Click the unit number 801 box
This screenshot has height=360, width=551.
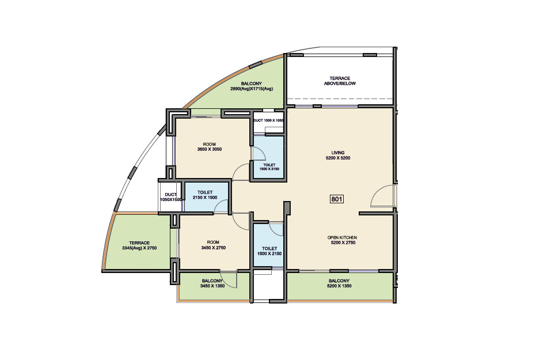coord(337,199)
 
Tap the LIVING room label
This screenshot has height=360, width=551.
coord(338,153)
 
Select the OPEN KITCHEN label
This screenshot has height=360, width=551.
coord(342,238)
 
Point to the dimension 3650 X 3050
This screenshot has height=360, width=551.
coord(210,149)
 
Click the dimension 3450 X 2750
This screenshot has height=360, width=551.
coord(213,248)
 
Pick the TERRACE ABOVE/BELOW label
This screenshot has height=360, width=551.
coord(340,81)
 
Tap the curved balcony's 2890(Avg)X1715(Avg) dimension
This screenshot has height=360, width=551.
coord(252,89)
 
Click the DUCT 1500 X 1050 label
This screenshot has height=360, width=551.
coord(268,120)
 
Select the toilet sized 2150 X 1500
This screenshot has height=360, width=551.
coord(206,197)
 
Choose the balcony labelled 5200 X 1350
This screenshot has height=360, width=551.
coord(340,286)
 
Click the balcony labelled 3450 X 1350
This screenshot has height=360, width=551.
coord(214,286)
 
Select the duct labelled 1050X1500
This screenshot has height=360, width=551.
coord(170,197)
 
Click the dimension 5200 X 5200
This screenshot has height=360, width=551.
coord(338,158)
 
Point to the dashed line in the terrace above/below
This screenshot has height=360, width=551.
coord(340,99)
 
